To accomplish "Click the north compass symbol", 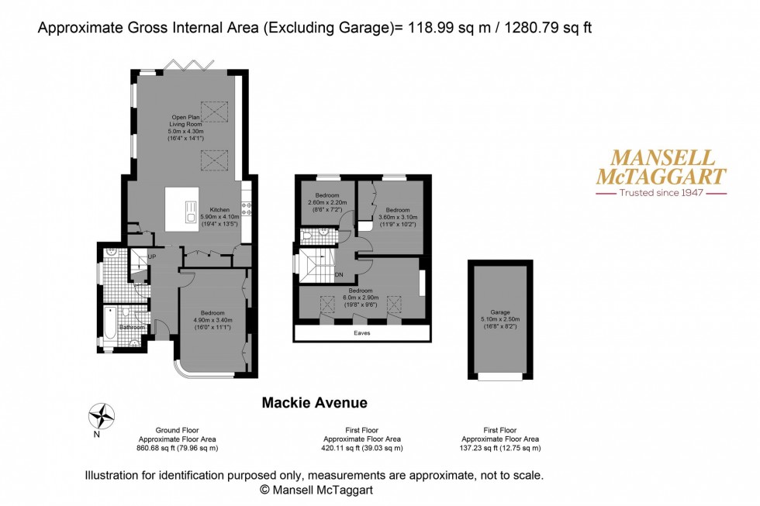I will pos(101,416).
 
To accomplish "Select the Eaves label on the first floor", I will pos(361,332).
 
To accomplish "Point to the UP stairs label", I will pos(152,256).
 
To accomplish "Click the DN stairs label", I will pos(339,274).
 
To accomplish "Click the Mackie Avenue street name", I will pos(314,402).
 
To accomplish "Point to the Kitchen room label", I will pos(219,209).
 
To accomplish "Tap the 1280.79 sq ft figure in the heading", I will pos(548,29).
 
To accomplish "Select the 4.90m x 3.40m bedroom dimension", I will pos(212,319).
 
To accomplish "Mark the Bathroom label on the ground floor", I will pos(132,327).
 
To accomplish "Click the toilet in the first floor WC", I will pos(308,235).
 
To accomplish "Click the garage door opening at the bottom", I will pos(499,377).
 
